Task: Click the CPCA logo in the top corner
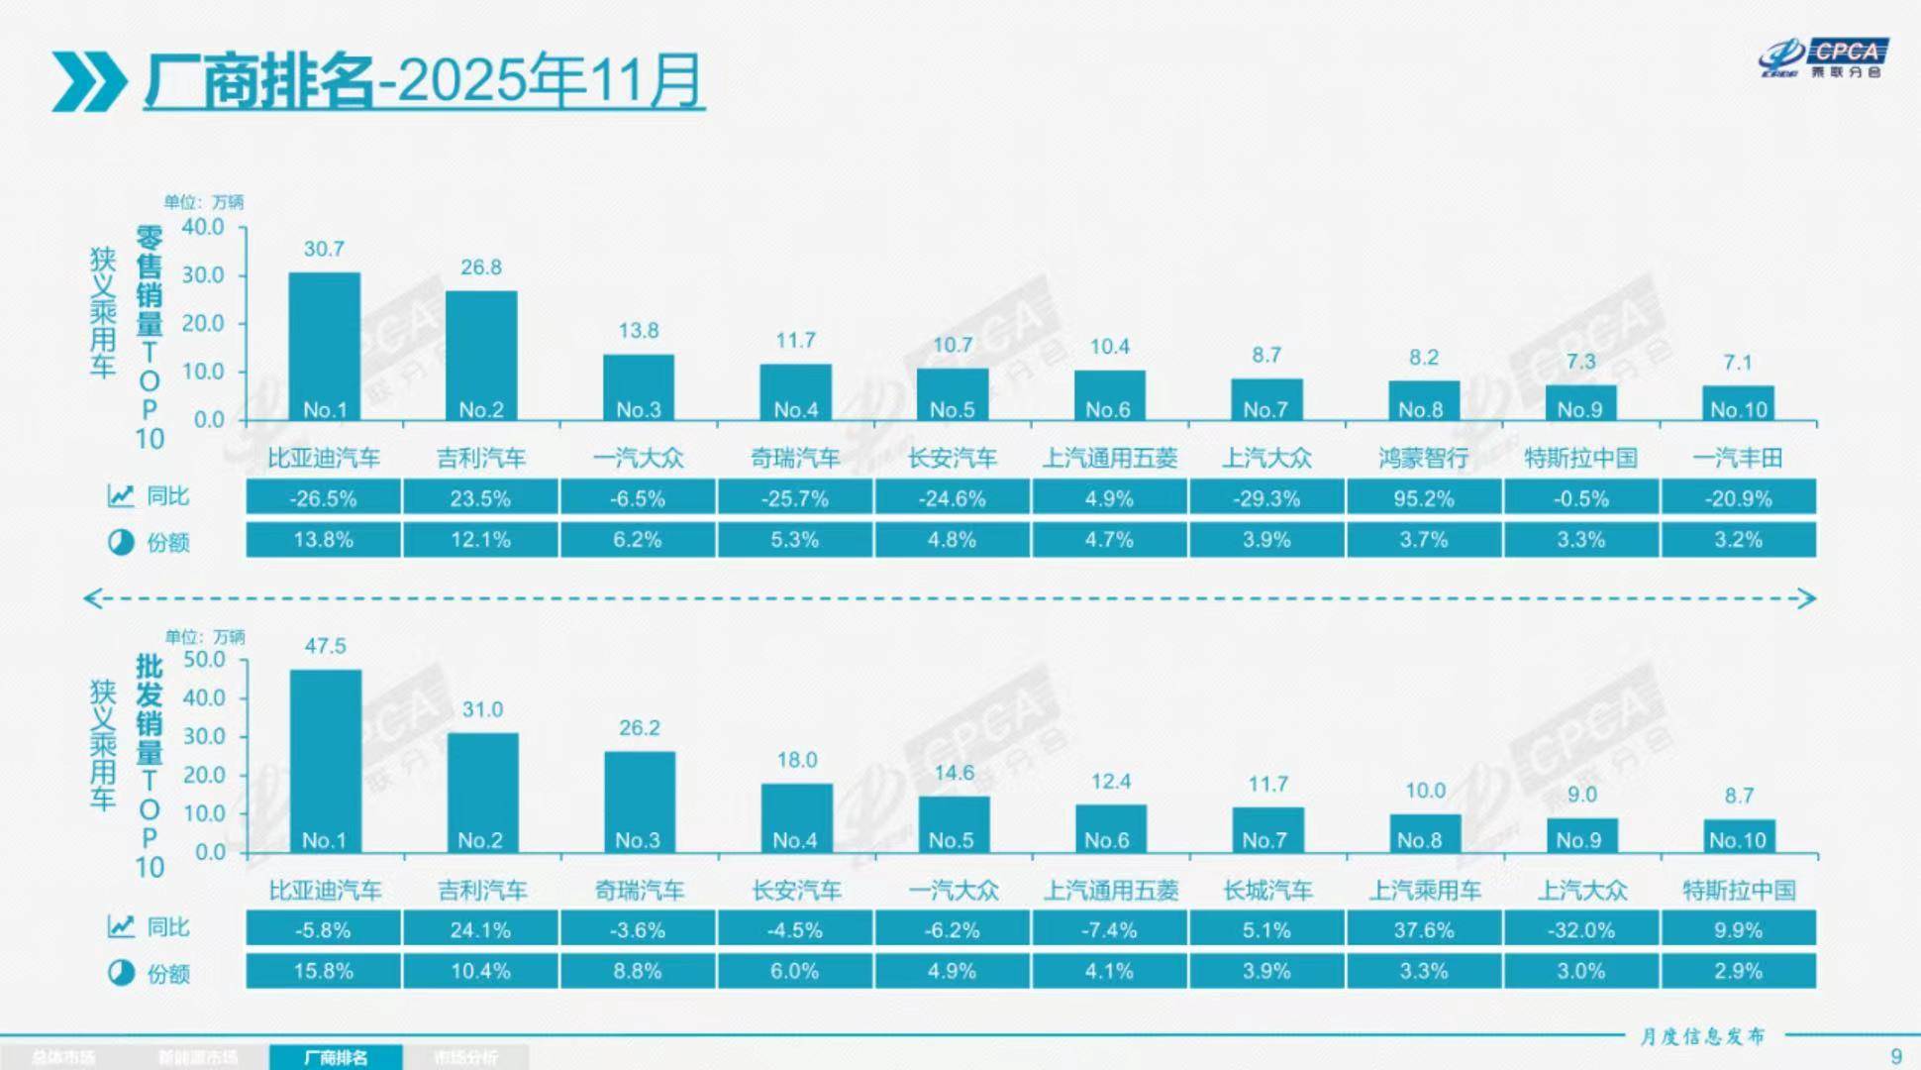click(1824, 58)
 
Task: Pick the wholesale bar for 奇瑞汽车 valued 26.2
click(640, 801)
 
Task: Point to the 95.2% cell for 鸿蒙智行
click(1423, 498)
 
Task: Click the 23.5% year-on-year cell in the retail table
click(480, 498)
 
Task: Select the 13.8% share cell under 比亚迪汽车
click(323, 540)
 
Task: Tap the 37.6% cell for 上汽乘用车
click(1423, 930)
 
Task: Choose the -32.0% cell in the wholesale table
click(1580, 930)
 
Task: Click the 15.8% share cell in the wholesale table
click(323, 971)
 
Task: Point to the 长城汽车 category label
click(1267, 891)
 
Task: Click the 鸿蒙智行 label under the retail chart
click(1423, 458)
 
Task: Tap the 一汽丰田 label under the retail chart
click(1738, 458)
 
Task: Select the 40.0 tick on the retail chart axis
click(203, 227)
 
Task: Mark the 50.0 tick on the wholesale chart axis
click(204, 660)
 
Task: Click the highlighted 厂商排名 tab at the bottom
click(336, 1057)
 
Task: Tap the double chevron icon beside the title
click(89, 82)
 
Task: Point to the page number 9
click(1896, 1056)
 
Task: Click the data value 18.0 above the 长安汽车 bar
click(796, 760)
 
